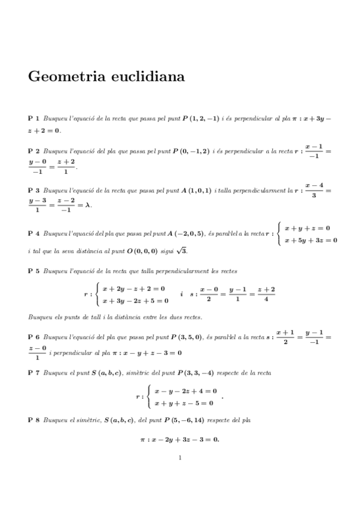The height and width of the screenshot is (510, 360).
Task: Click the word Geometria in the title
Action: pos(64,77)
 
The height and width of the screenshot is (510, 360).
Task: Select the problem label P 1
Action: pos(34,119)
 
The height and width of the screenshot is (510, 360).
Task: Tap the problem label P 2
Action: pos(34,152)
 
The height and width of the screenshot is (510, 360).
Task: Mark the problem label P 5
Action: pos(34,271)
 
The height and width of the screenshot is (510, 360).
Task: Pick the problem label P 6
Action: pos(34,335)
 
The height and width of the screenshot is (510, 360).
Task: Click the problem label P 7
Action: pos(34,373)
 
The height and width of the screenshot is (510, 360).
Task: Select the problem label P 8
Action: pos(34,420)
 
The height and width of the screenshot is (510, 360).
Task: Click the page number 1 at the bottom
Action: pos(180,458)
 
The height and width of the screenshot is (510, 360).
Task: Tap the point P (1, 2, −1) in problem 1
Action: pos(201,119)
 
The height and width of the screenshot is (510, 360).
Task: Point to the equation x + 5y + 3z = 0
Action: pos(310,241)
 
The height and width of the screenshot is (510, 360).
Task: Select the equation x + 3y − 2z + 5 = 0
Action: pos(133,301)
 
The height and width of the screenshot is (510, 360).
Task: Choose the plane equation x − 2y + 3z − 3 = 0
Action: pos(184,439)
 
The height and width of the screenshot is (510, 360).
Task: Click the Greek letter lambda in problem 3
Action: pos(88,204)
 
